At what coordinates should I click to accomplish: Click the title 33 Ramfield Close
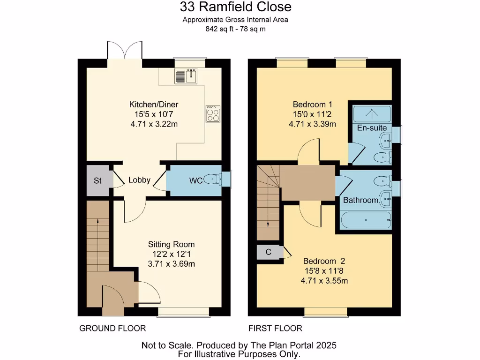(x=236, y=7)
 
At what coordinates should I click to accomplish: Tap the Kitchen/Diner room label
(x=154, y=104)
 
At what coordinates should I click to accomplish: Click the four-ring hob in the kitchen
(x=213, y=113)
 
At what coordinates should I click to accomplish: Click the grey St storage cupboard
(x=97, y=180)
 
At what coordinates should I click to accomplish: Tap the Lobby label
(x=139, y=180)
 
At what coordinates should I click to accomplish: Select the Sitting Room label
(x=171, y=244)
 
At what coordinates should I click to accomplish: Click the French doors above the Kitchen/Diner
(x=125, y=51)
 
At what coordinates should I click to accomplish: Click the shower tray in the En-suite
(x=372, y=113)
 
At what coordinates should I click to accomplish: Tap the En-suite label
(x=372, y=127)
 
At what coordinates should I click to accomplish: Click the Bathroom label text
(x=360, y=200)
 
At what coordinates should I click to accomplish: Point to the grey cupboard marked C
(x=269, y=252)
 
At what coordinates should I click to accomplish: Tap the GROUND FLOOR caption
(x=112, y=328)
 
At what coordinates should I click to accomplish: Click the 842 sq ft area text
(x=235, y=29)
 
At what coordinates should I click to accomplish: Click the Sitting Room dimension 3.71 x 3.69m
(x=171, y=264)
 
